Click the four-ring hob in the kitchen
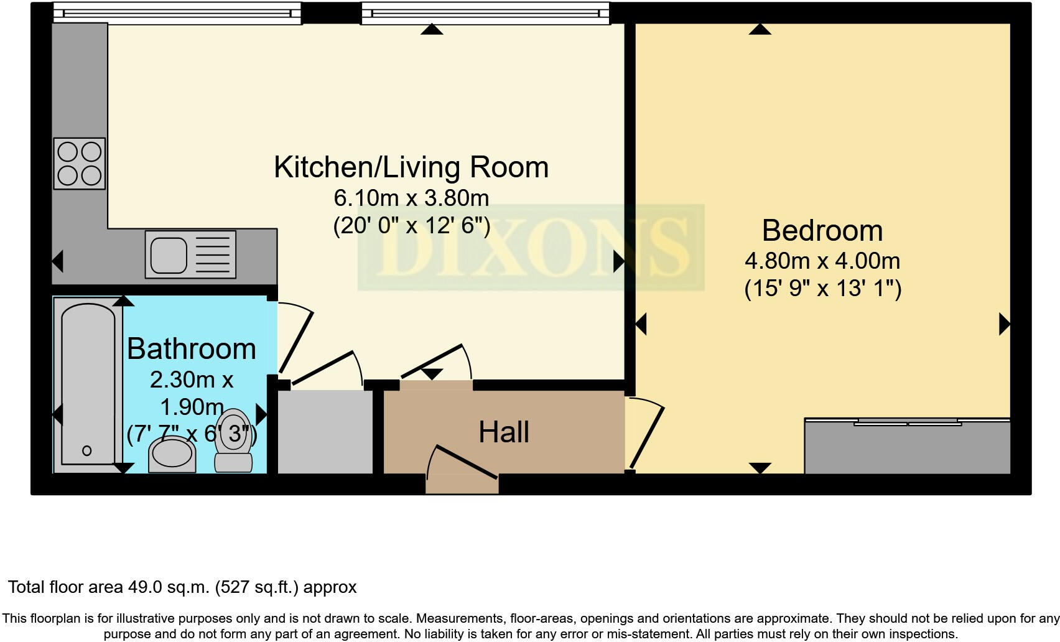click(79, 164)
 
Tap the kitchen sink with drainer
click(190, 254)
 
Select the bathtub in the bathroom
click(88, 386)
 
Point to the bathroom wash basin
click(172, 454)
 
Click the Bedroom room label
click(822, 231)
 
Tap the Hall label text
click(503, 432)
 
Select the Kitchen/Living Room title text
click(411, 167)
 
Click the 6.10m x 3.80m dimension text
click(411, 198)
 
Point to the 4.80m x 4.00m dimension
click(822, 261)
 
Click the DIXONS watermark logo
click(531, 248)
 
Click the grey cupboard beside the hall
click(325, 431)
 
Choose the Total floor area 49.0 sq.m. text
click(182, 587)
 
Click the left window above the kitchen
click(177, 13)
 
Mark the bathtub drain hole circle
click(86, 450)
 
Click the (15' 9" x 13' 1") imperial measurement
click(822, 289)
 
